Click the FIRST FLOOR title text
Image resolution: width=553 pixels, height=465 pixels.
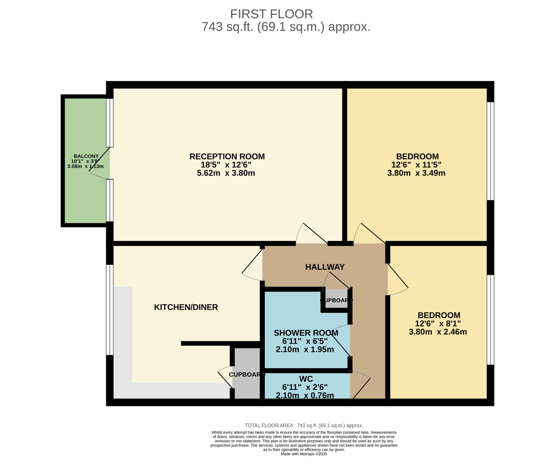(x=271, y=14)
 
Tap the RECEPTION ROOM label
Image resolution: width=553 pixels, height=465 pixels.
(x=227, y=157)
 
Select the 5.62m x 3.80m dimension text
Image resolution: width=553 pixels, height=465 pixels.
(x=226, y=173)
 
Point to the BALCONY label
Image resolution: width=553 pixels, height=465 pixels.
(x=86, y=156)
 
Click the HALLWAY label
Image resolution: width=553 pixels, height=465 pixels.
(x=325, y=267)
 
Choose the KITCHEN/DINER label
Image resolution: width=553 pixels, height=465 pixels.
(x=186, y=307)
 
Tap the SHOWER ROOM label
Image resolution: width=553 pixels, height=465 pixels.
(x=306, y=333)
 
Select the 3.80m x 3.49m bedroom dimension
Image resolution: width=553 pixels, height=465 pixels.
(x=416, y=173)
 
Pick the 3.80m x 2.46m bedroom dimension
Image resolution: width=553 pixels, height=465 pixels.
(x=438, y=332)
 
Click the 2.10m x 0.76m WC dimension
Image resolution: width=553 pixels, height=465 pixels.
(x=305, y=395)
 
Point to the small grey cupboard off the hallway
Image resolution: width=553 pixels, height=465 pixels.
(x=336, y=298)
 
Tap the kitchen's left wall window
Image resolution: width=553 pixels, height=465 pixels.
(x=109, y=310)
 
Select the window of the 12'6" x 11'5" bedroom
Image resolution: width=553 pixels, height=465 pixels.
(x=491, y=151)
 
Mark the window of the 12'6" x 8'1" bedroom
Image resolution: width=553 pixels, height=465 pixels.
(x=491, y=320)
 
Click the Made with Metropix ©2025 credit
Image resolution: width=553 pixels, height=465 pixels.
(x=304, y=454)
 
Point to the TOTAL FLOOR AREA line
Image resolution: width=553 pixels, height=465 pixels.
(x=304, y=426)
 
